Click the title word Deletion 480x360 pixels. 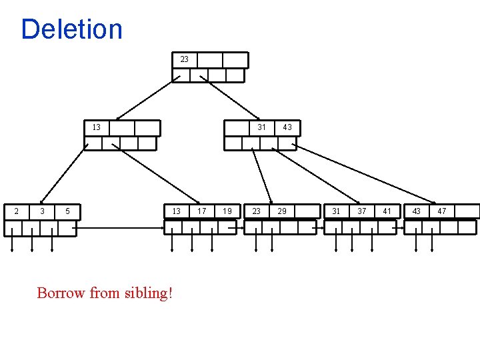pos(72,29)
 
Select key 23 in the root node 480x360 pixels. pos(184,59)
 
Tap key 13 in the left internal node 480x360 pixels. pos(96,127)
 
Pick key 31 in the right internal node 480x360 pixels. pos(262,127)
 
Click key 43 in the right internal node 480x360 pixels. pos(287,127)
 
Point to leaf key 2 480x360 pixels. pos(16,211)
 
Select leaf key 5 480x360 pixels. pos(67,211)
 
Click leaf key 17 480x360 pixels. pos(202,211)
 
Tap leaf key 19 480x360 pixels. pos(227,211)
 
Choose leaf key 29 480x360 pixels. pos(282,211)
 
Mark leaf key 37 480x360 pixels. pos(361,211)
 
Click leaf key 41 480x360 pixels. pos(387,211)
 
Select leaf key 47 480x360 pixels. pos(441,211)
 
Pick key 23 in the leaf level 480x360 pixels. pos(257,211)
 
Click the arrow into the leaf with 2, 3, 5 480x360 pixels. pos(63,175)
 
